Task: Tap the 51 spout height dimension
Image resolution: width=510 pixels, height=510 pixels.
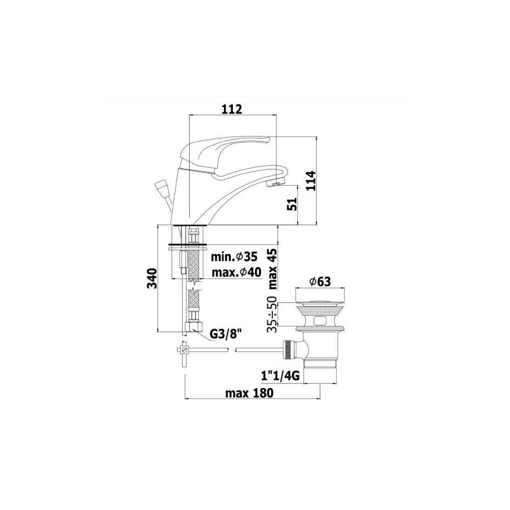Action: (292, 205)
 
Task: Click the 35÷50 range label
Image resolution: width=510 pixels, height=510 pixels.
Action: (273, 314)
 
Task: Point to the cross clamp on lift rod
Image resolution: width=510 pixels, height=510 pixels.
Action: (184, 350)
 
